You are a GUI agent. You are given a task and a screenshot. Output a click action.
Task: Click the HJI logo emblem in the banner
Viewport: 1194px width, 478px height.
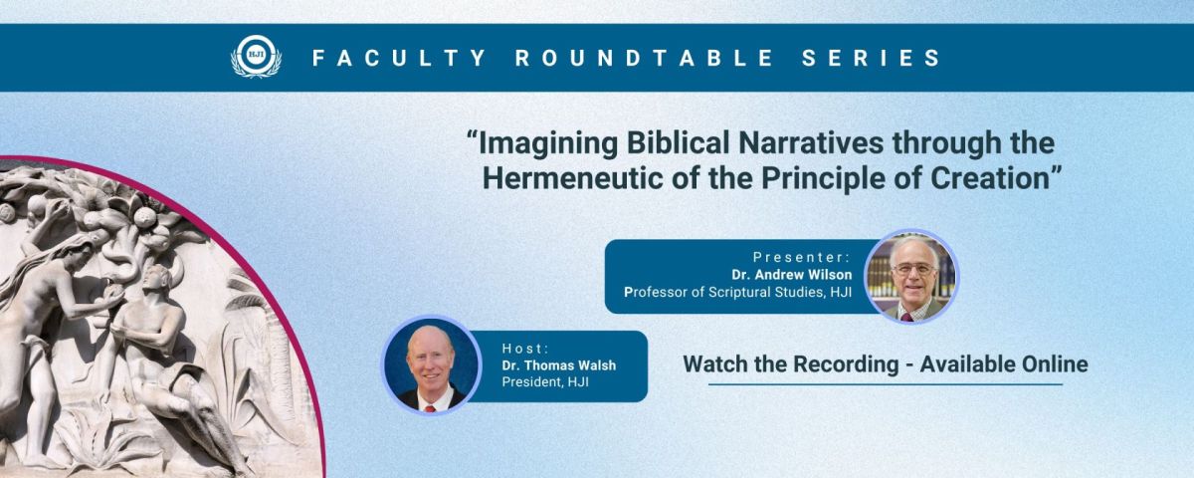click(x=256, y=57)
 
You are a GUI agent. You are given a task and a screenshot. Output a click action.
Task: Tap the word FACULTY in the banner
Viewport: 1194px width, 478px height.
click(x=399, y=58)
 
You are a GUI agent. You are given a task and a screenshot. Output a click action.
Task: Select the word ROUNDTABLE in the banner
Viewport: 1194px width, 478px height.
click(x=644, y=58)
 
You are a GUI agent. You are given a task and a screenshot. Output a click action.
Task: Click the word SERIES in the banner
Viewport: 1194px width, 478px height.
click(x=872, y=58)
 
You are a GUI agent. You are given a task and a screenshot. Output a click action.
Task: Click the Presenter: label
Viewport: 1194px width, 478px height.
click(x=802, y=257)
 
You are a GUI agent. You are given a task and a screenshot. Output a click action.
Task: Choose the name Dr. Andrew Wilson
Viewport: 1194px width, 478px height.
click(x=792, y=275)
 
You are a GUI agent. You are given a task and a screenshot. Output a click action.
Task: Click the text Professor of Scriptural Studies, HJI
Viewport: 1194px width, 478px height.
click(x=737, y=293)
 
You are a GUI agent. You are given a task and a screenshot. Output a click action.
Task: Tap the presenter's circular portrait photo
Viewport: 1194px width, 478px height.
click(x=911, y=277)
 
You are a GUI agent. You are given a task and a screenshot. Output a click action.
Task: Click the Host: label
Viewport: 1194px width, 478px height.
click(x=525, y=349)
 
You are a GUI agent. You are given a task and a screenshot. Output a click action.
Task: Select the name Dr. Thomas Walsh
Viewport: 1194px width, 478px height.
click(x=558, y=365)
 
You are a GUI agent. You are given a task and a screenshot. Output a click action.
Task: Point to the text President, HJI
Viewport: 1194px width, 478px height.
click(x=545, y=382)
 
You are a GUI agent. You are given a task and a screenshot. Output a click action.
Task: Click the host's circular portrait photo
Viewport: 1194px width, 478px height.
click(x=431, y=364)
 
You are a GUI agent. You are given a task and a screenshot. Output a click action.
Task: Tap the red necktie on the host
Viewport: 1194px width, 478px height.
click(x=430, y=408)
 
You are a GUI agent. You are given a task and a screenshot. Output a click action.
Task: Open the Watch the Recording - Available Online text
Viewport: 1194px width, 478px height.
click(x=886, y=364)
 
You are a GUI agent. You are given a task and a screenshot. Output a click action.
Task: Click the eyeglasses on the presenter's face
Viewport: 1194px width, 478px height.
click(x=913, y=269)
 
